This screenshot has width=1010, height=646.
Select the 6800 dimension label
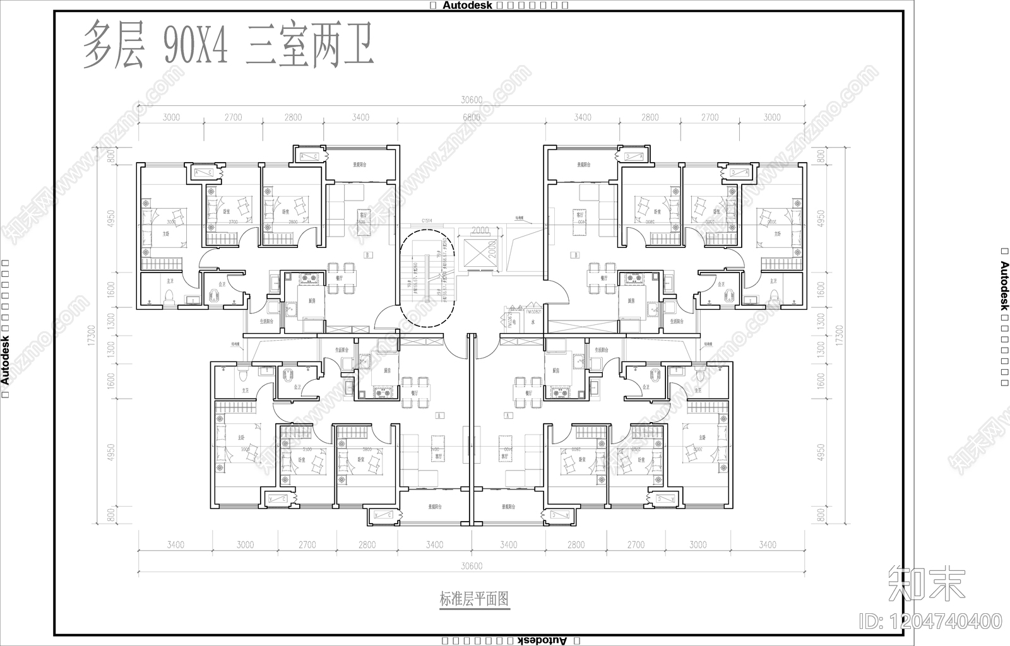(x=472, y=117)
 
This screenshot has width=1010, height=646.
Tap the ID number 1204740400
(x=931, y=621)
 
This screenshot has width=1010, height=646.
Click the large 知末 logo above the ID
(x=927, y=584)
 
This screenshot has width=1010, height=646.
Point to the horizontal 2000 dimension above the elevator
(x=480, y=230)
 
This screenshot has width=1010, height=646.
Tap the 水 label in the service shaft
(x=533, y=322)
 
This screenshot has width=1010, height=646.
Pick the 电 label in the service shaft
(x=514, y=322)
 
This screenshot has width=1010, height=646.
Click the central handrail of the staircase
(x=427, y=278)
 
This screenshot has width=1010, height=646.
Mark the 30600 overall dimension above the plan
(x=472, y=100)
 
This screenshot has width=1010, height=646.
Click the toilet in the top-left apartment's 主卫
(x=169, y=297)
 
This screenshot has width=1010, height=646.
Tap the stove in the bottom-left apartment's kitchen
(x=380, y=392)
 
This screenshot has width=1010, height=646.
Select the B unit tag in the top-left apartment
(x=368, y=255)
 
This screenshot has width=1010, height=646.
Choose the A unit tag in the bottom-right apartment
(x=508, y=416)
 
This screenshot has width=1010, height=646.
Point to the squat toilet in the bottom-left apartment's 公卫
(x=287, y=377)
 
